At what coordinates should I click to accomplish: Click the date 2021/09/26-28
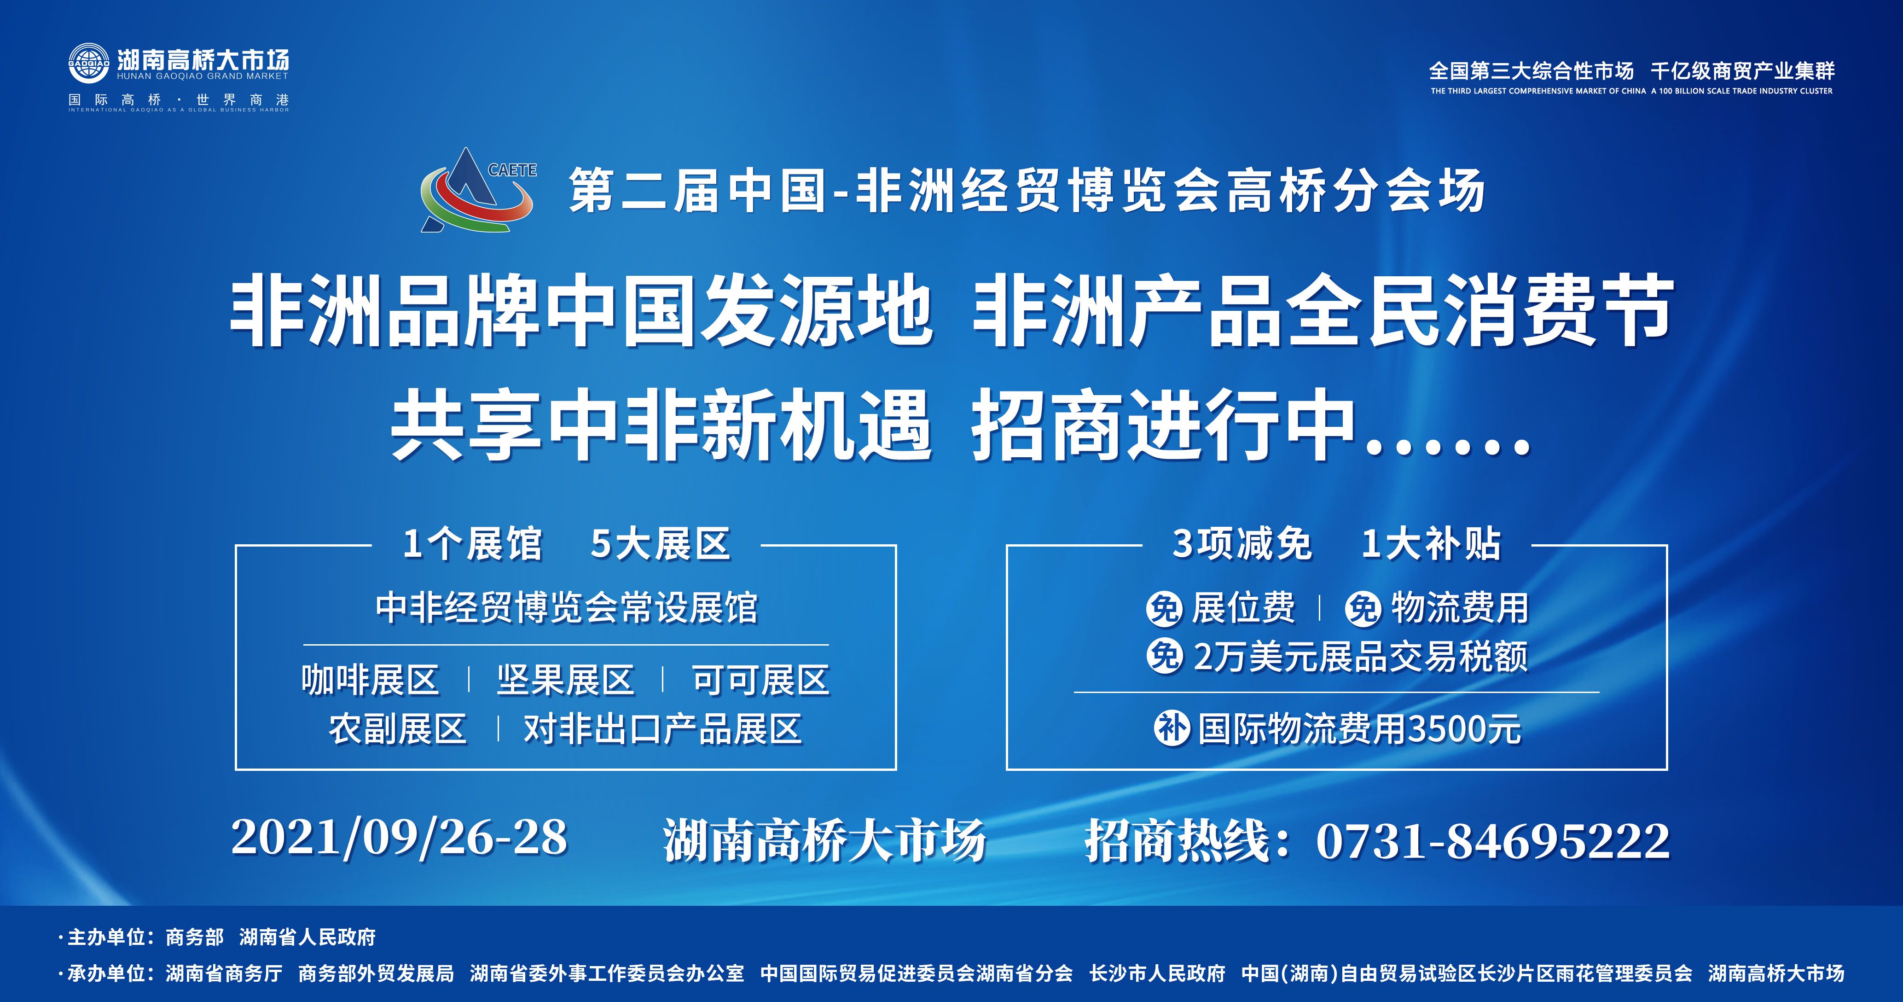(x=399, y=838)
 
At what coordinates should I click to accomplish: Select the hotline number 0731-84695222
(x=1492, y=841)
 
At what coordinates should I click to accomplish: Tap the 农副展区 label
(x=397, y=729)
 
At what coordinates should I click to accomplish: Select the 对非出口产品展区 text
(x=663, y=729)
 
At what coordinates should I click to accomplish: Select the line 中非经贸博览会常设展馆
(x=567, y=608)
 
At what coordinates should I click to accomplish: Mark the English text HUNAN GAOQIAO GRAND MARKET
(x=203, y=76)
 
